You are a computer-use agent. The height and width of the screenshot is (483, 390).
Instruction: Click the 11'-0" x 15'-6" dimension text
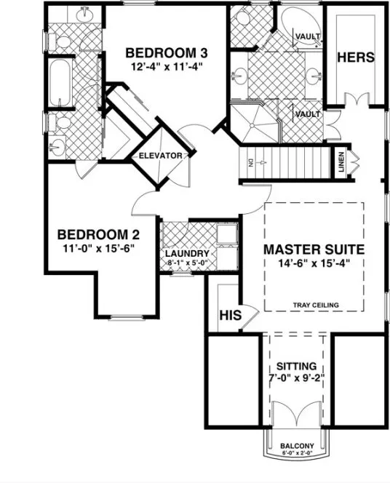[x=98, y=248]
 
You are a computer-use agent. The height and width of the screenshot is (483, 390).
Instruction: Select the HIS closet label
[x=230, y=316]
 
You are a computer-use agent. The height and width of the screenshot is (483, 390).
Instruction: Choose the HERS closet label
[x=356, y=57]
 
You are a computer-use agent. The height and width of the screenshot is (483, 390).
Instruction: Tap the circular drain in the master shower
[x=252, y=125]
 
